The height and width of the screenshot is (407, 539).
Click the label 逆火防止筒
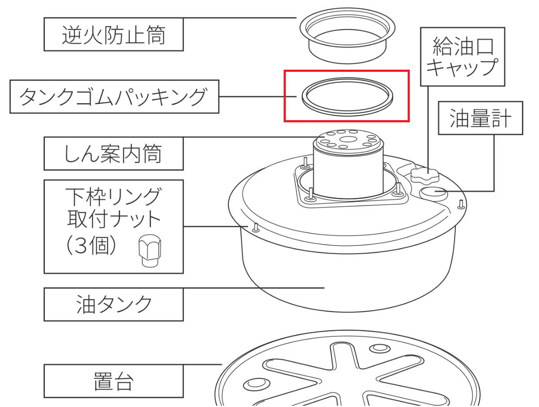(x=114, y=35)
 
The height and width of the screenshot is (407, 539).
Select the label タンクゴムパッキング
(x=113, y=97)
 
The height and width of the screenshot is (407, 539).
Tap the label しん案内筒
(x=113, y=154)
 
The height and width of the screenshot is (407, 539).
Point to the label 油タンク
(x=114, y=305)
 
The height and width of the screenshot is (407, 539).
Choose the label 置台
(x=114, y=381)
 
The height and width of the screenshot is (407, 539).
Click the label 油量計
(x=480, y=118)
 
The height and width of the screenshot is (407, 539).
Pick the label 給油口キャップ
(x=462, y=57)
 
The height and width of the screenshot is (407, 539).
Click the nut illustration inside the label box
(x=150, y=251)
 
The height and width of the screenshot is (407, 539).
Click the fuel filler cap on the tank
(x=425, y=175)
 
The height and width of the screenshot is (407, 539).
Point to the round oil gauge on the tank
(x=433, y=193)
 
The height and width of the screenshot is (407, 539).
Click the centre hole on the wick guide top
(x=348, y=139)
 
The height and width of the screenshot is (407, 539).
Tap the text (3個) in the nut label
(x=91, y=246)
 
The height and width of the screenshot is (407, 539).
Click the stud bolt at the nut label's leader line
(x=256, y=228)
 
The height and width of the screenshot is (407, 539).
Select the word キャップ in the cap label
(x=462, y=67)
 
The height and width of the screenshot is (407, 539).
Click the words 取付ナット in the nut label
(x=114, y=219)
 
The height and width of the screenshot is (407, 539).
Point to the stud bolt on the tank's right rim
(x=461, y=204)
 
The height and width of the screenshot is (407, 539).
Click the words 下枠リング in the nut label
(x=114, y=197)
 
